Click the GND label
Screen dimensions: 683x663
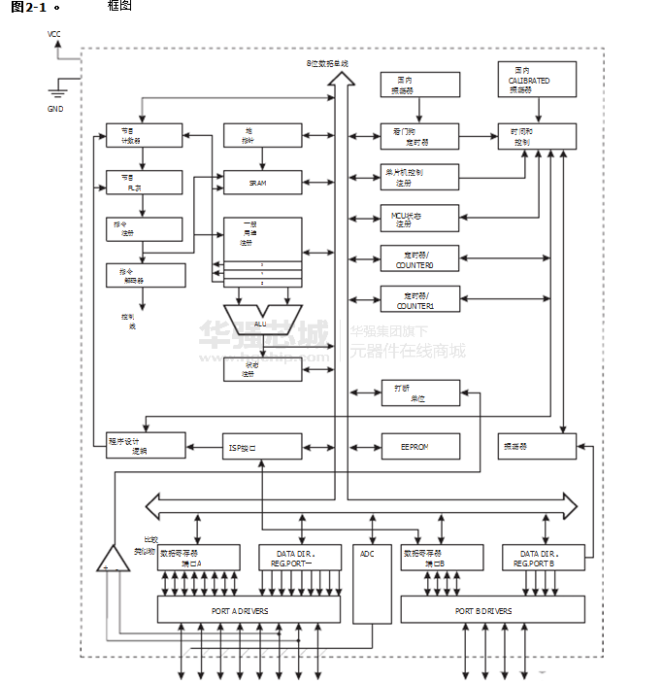point(55,109)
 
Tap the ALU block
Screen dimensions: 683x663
point(262,321)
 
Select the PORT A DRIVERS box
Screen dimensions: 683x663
point(249,610)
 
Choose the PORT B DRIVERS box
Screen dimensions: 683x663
point(492,610)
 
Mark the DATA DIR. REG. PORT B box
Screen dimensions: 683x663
point(544,558)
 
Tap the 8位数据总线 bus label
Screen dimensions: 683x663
point(327,64)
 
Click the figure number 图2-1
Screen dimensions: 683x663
point(26,7)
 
